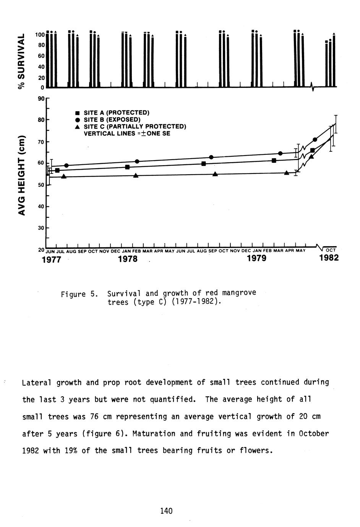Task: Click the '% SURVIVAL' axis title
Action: [x=22, y=61]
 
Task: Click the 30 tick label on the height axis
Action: [x=41, y=228]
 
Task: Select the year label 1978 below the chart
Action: [x=128, y=259]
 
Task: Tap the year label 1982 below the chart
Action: [x=329, y=258]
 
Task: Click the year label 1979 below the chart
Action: [x=256, y=259]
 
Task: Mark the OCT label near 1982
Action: [x=330, y=250]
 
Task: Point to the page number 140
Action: [x=166, y=511]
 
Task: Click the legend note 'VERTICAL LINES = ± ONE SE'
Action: [x=127, y=134]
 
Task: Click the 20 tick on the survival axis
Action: [x=41, y=78]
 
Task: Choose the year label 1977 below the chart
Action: [x=51, y=259]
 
